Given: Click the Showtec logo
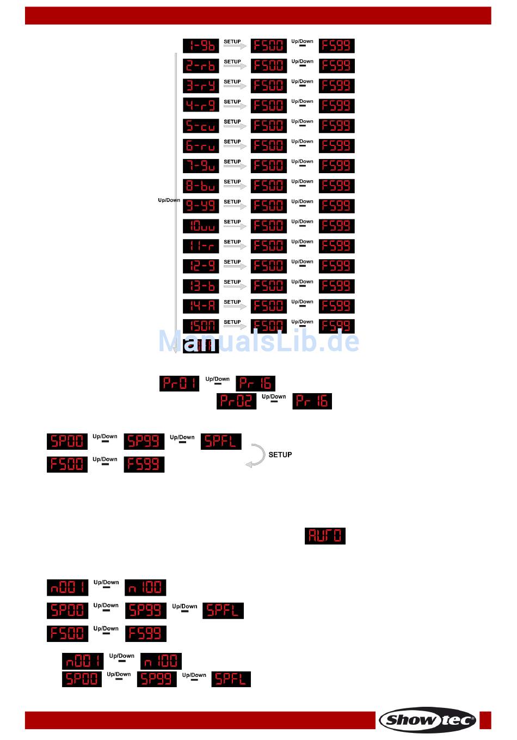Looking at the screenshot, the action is pos(428,720).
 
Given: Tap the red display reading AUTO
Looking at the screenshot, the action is pos(325,536).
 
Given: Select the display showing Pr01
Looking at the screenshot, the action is pos(179,383).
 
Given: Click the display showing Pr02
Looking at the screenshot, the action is pos(236,401).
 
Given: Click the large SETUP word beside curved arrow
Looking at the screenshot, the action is pos(280,455).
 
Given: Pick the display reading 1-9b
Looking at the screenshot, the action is pos(201,46).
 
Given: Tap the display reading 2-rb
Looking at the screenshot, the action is pos(201,66).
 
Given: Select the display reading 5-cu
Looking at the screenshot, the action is pos(201,126).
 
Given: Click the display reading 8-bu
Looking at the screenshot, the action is pos(201,186).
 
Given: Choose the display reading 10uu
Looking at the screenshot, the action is pos(201,226).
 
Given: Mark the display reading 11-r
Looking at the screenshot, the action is pos(201,246).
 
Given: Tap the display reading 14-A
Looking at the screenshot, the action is pos(201,306).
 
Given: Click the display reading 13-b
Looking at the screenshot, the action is pos(201,286).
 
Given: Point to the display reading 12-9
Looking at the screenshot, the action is pos(201,266).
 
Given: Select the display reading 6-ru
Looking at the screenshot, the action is pos(201,146).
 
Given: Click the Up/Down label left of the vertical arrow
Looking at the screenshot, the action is pos(169,200).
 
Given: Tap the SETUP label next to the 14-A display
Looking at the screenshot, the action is pos(232,302).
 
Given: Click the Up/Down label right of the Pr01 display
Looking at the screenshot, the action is pos(218,379).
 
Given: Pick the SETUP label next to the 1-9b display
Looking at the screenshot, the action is pos(232,42).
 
